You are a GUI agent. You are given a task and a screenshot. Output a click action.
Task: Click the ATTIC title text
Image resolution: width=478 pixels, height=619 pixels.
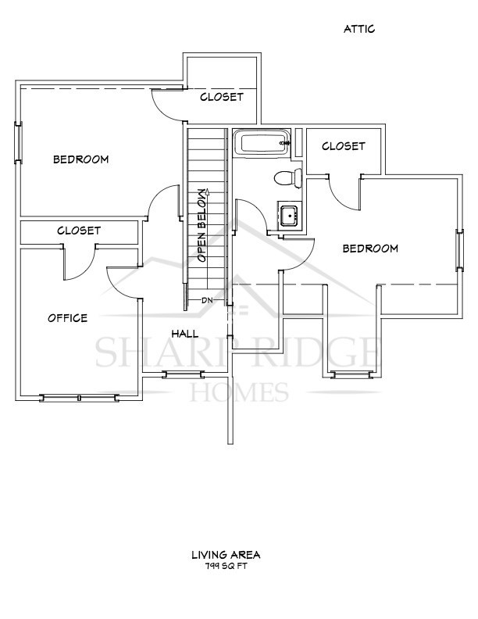359,29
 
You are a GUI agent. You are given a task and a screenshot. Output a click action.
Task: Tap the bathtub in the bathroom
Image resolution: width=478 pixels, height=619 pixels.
262,144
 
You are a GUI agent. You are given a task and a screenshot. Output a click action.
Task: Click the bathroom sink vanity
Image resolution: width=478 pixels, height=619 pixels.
289,215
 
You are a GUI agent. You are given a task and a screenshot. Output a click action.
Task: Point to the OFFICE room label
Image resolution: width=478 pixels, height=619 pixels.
67,318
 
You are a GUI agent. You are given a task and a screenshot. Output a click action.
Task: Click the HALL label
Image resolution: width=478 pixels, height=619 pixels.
185,334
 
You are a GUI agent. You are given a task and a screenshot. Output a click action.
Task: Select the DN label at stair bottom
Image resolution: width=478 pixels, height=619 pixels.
207,300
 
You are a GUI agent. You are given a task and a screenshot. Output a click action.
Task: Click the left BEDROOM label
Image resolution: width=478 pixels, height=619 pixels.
80,159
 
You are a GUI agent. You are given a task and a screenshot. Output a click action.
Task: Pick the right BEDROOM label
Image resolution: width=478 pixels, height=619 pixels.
371,249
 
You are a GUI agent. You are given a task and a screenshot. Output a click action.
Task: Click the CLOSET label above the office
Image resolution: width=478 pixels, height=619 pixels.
79,231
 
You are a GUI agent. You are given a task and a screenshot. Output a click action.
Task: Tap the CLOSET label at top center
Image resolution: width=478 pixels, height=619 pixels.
222,98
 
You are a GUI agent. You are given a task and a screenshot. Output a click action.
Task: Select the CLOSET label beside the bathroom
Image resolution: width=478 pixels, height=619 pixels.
343,146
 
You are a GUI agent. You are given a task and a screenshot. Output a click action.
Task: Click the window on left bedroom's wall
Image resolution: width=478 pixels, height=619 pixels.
19,143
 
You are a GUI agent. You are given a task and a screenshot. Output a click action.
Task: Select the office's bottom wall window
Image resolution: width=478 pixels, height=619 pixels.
80,398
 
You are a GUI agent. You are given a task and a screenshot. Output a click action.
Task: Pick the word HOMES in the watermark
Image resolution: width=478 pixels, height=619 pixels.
239,390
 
